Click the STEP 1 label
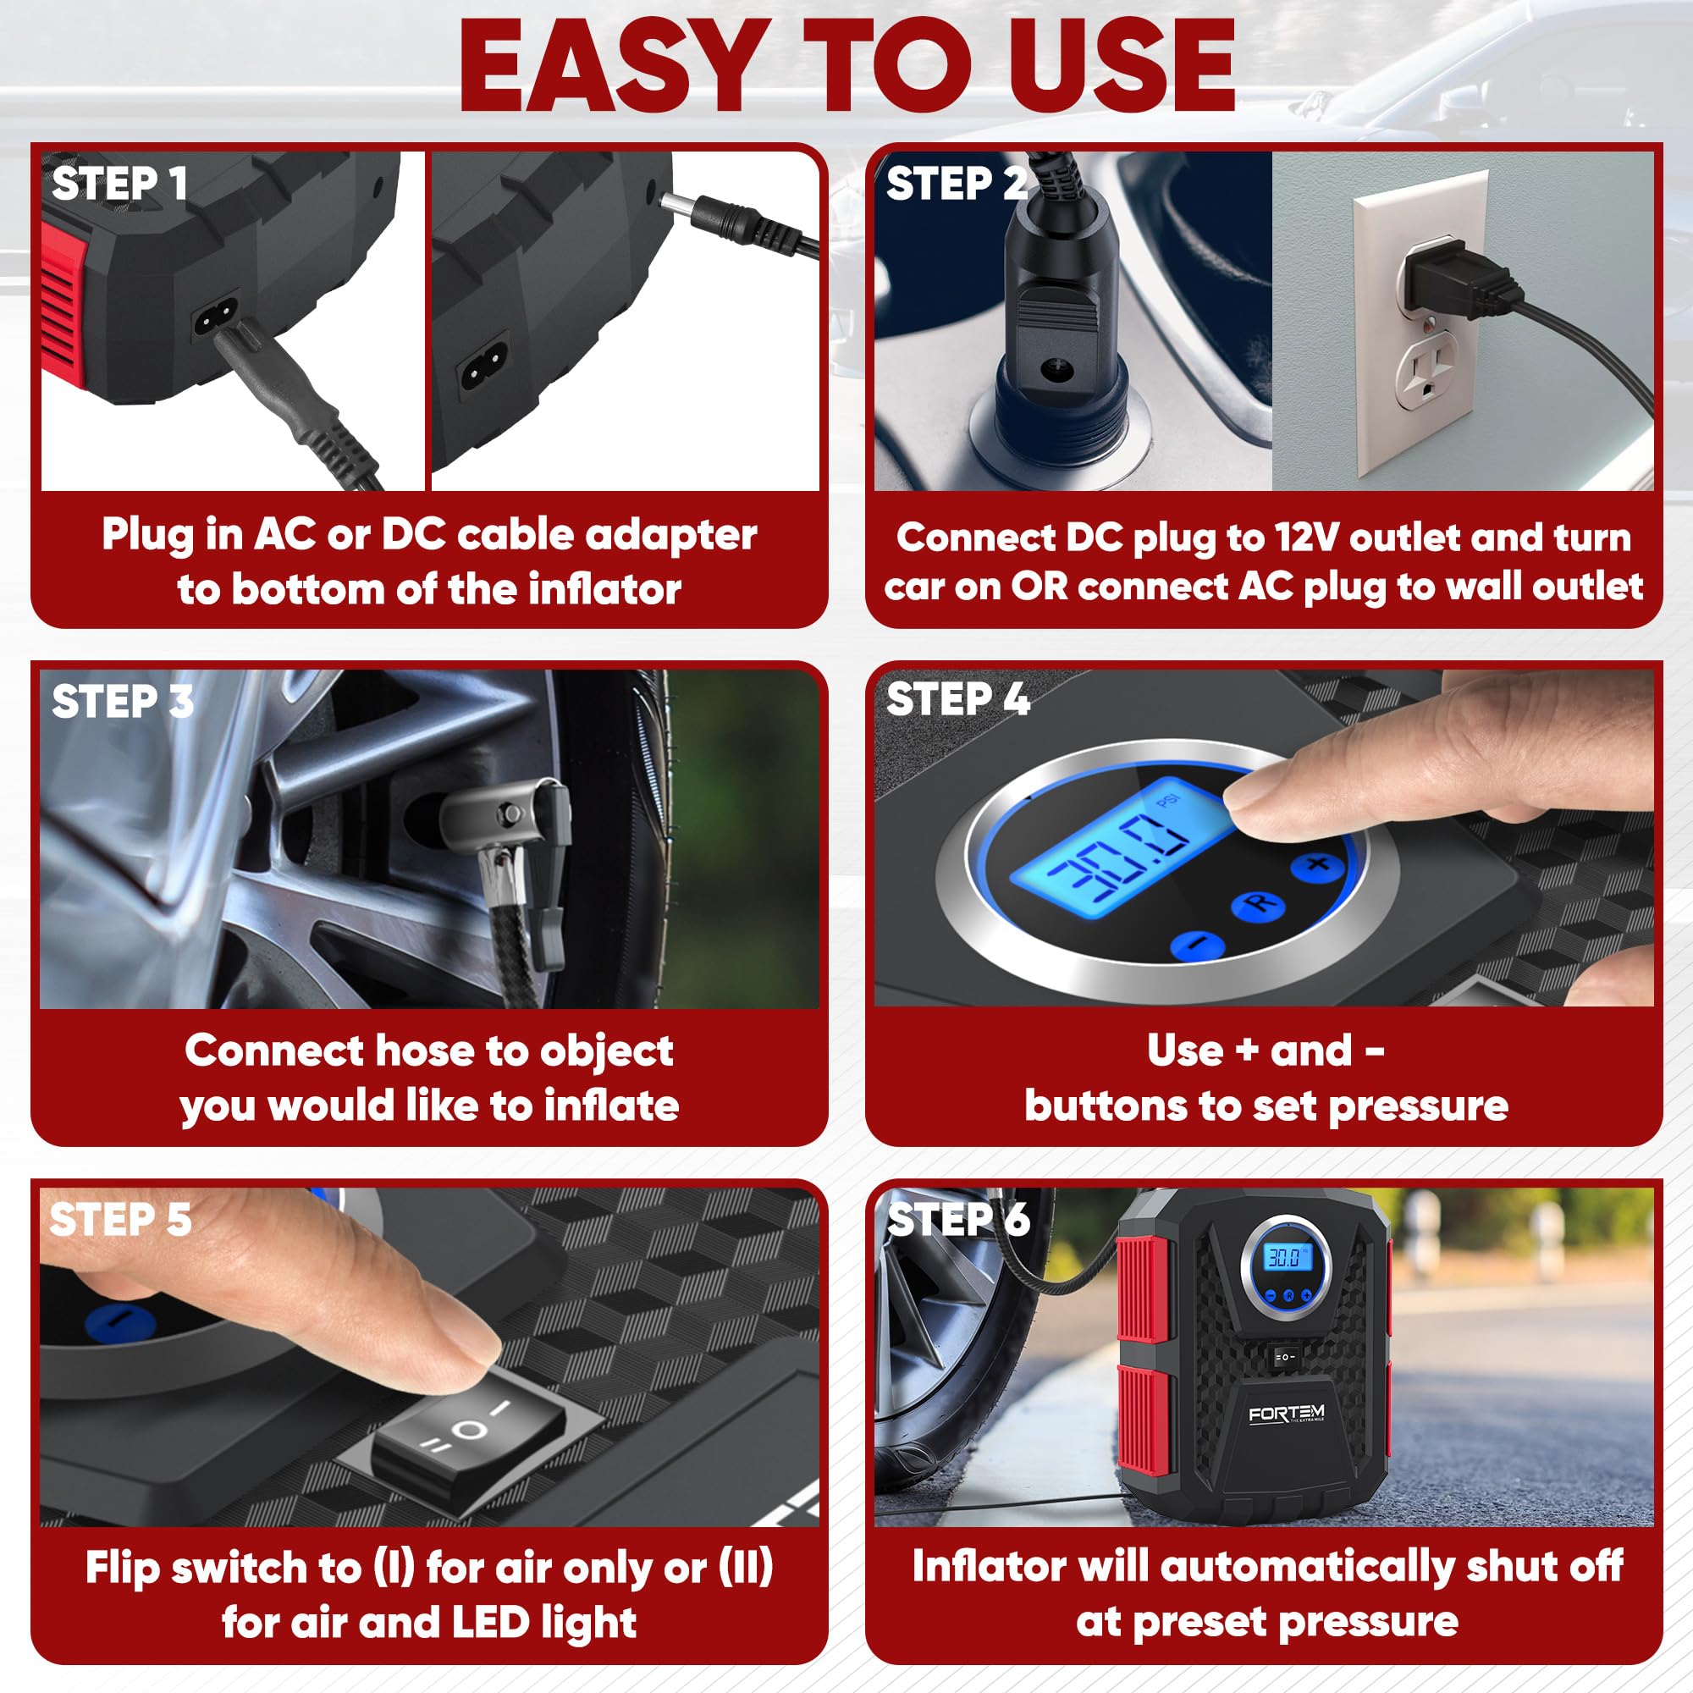119,184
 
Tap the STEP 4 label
957,700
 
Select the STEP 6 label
957,1219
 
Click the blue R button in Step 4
1258,905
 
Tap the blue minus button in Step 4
1196,944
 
